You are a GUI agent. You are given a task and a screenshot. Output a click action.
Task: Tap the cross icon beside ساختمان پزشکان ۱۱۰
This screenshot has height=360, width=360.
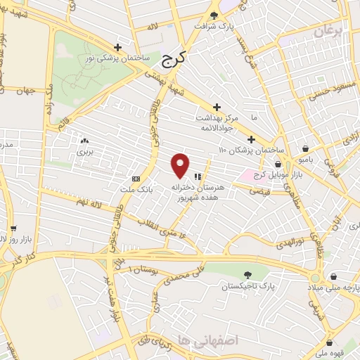(252, 139)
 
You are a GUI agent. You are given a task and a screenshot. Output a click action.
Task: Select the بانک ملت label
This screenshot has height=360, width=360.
(136, 190)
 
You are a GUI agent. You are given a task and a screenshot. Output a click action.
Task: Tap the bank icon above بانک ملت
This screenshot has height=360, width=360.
(136, 179)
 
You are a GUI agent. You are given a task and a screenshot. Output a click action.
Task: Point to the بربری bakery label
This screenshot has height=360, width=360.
(85, 151)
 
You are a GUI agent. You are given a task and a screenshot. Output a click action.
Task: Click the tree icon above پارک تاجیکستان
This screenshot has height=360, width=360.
(247, 275)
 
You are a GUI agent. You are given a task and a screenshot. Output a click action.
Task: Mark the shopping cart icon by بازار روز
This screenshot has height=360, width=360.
(13, 228)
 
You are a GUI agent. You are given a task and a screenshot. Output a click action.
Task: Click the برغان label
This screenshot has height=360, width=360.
(331, 32)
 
